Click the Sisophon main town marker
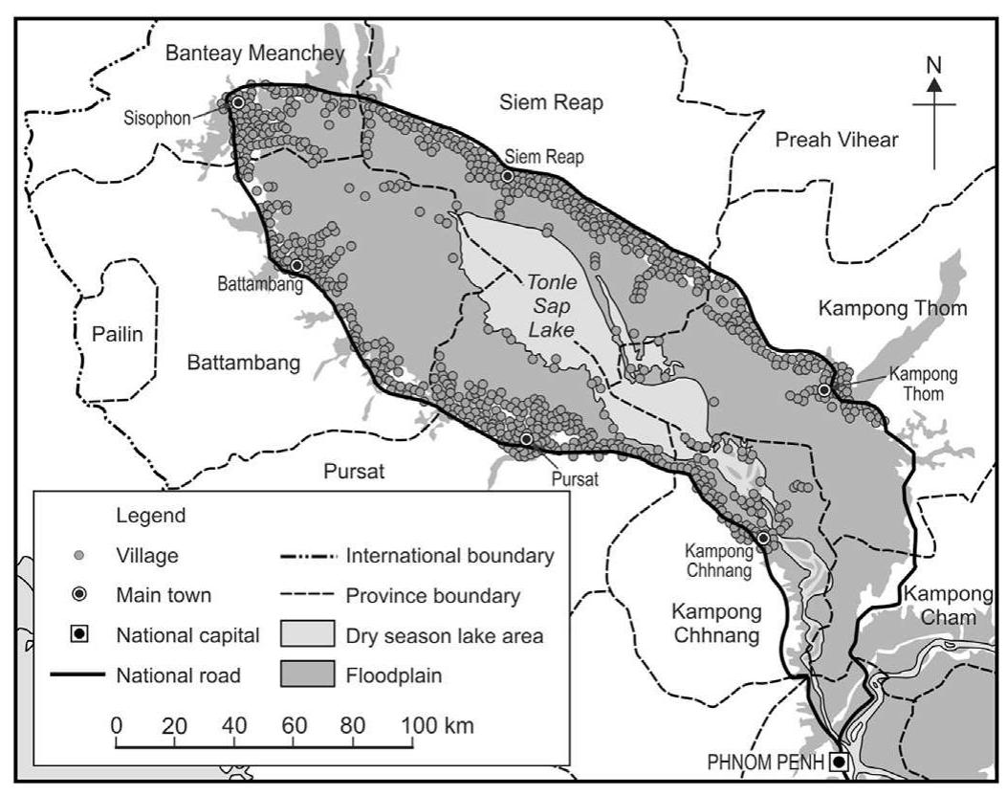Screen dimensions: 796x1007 tap(237, 102)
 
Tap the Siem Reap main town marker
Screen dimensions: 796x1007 tap(507, 176)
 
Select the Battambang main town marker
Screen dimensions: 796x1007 tap(296, 265)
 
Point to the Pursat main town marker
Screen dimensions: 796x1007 tap(526, 438)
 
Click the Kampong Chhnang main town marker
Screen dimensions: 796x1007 tap(763, 539)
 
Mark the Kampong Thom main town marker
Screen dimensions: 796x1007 tap(823, 389)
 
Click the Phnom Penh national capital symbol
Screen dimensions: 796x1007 tap(838, 762)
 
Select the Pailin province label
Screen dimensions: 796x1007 tap(116, 334)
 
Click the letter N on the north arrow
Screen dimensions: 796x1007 tap(934, 65)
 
